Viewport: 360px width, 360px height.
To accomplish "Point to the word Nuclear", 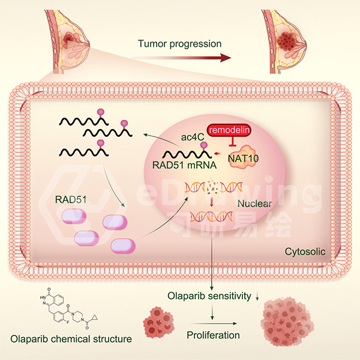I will click(x=254, y=204).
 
